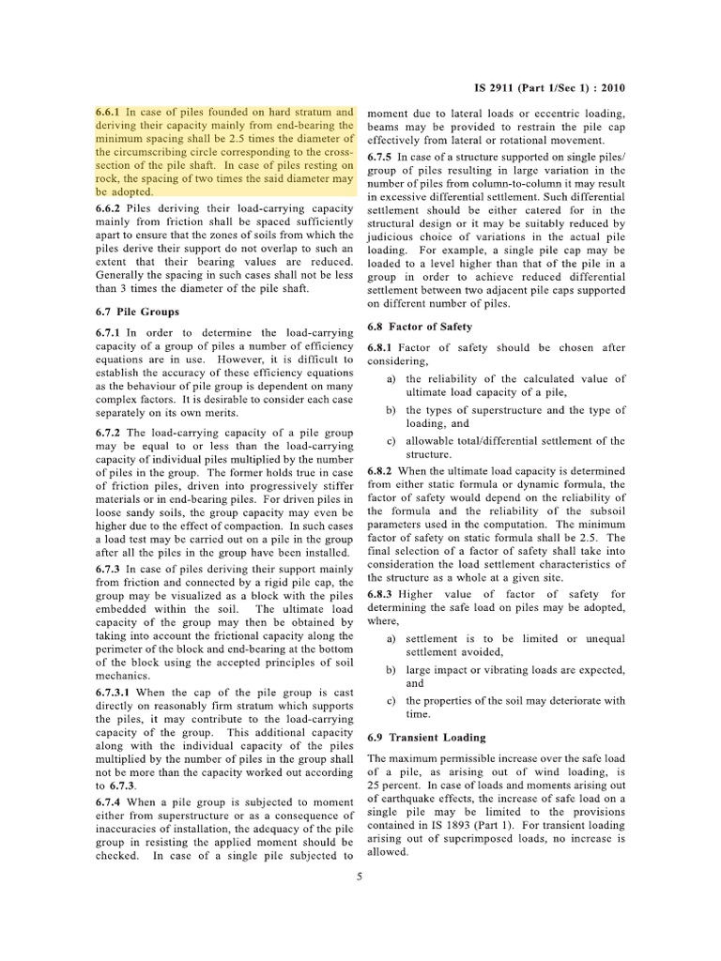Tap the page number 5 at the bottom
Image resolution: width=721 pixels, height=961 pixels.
click(360, 877)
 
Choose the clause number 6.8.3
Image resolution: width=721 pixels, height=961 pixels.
click(379, 594)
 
